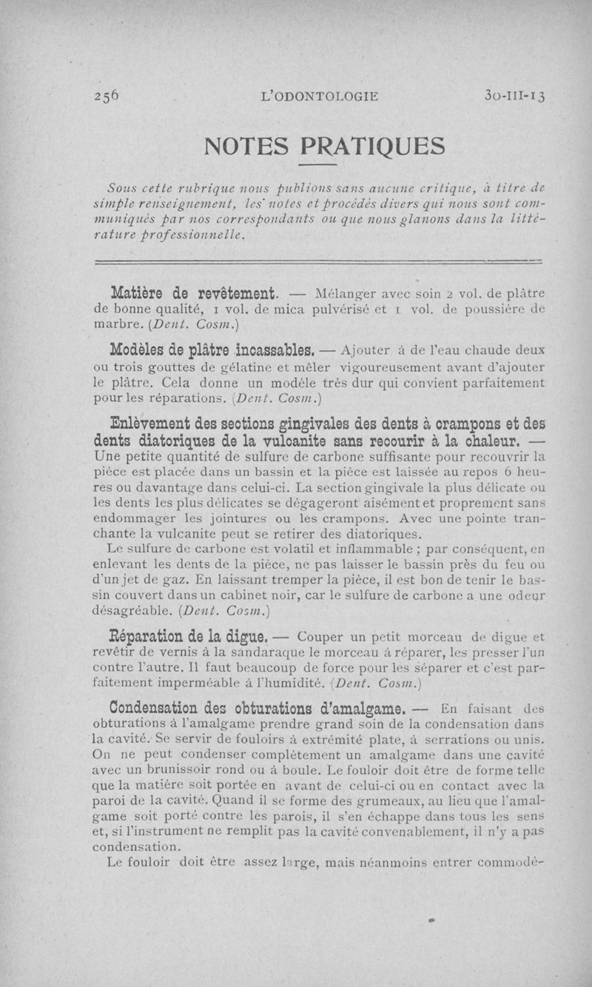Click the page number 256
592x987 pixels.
tap(108, 95)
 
